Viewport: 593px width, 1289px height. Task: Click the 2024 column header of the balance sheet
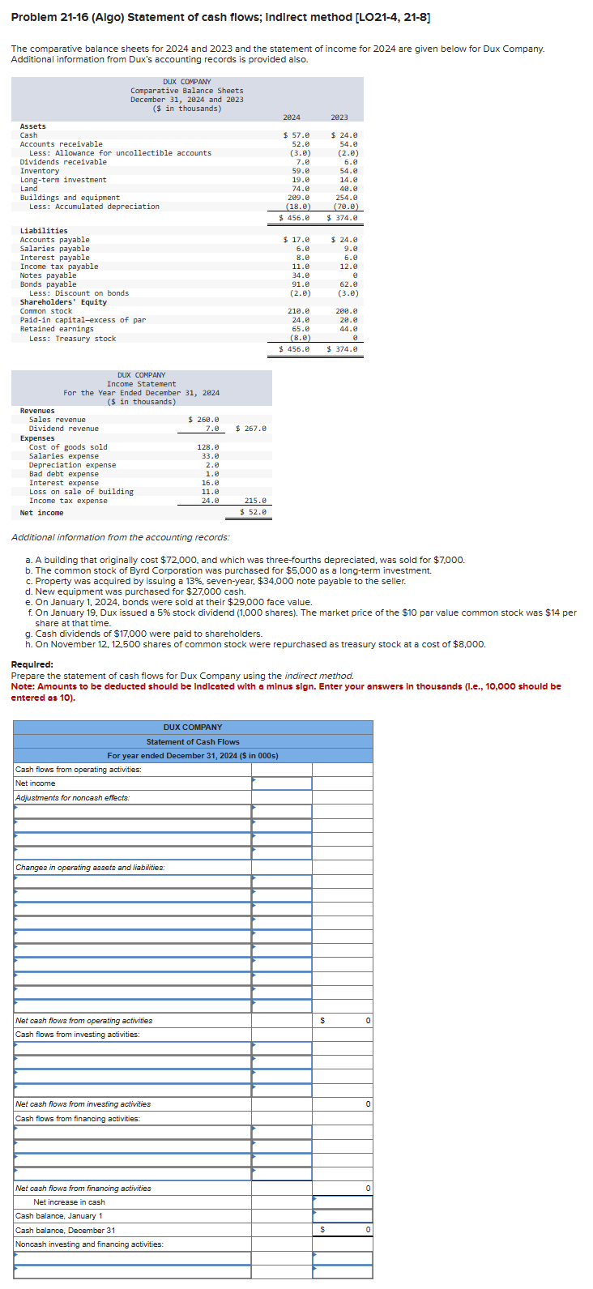(292, 117)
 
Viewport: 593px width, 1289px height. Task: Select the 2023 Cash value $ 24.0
(344, 135)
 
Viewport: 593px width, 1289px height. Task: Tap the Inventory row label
(40, 171)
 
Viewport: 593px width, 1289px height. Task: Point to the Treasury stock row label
(72, 339)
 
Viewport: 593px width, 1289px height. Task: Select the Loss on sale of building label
(81, 492)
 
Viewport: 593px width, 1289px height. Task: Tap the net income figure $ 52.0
(254, 513)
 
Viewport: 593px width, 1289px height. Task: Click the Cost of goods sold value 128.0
(208, 447)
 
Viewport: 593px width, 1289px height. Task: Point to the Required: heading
(32, 664)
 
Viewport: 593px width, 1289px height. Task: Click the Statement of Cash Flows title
(193, 742)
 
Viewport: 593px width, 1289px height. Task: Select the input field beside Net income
(282, 783)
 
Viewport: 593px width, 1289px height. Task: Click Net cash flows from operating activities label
(83, 1021)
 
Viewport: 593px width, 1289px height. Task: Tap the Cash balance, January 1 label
(59, 1216)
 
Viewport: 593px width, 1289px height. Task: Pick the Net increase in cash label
(69, 1202)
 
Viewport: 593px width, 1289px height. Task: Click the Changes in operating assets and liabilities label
(90, 868)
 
